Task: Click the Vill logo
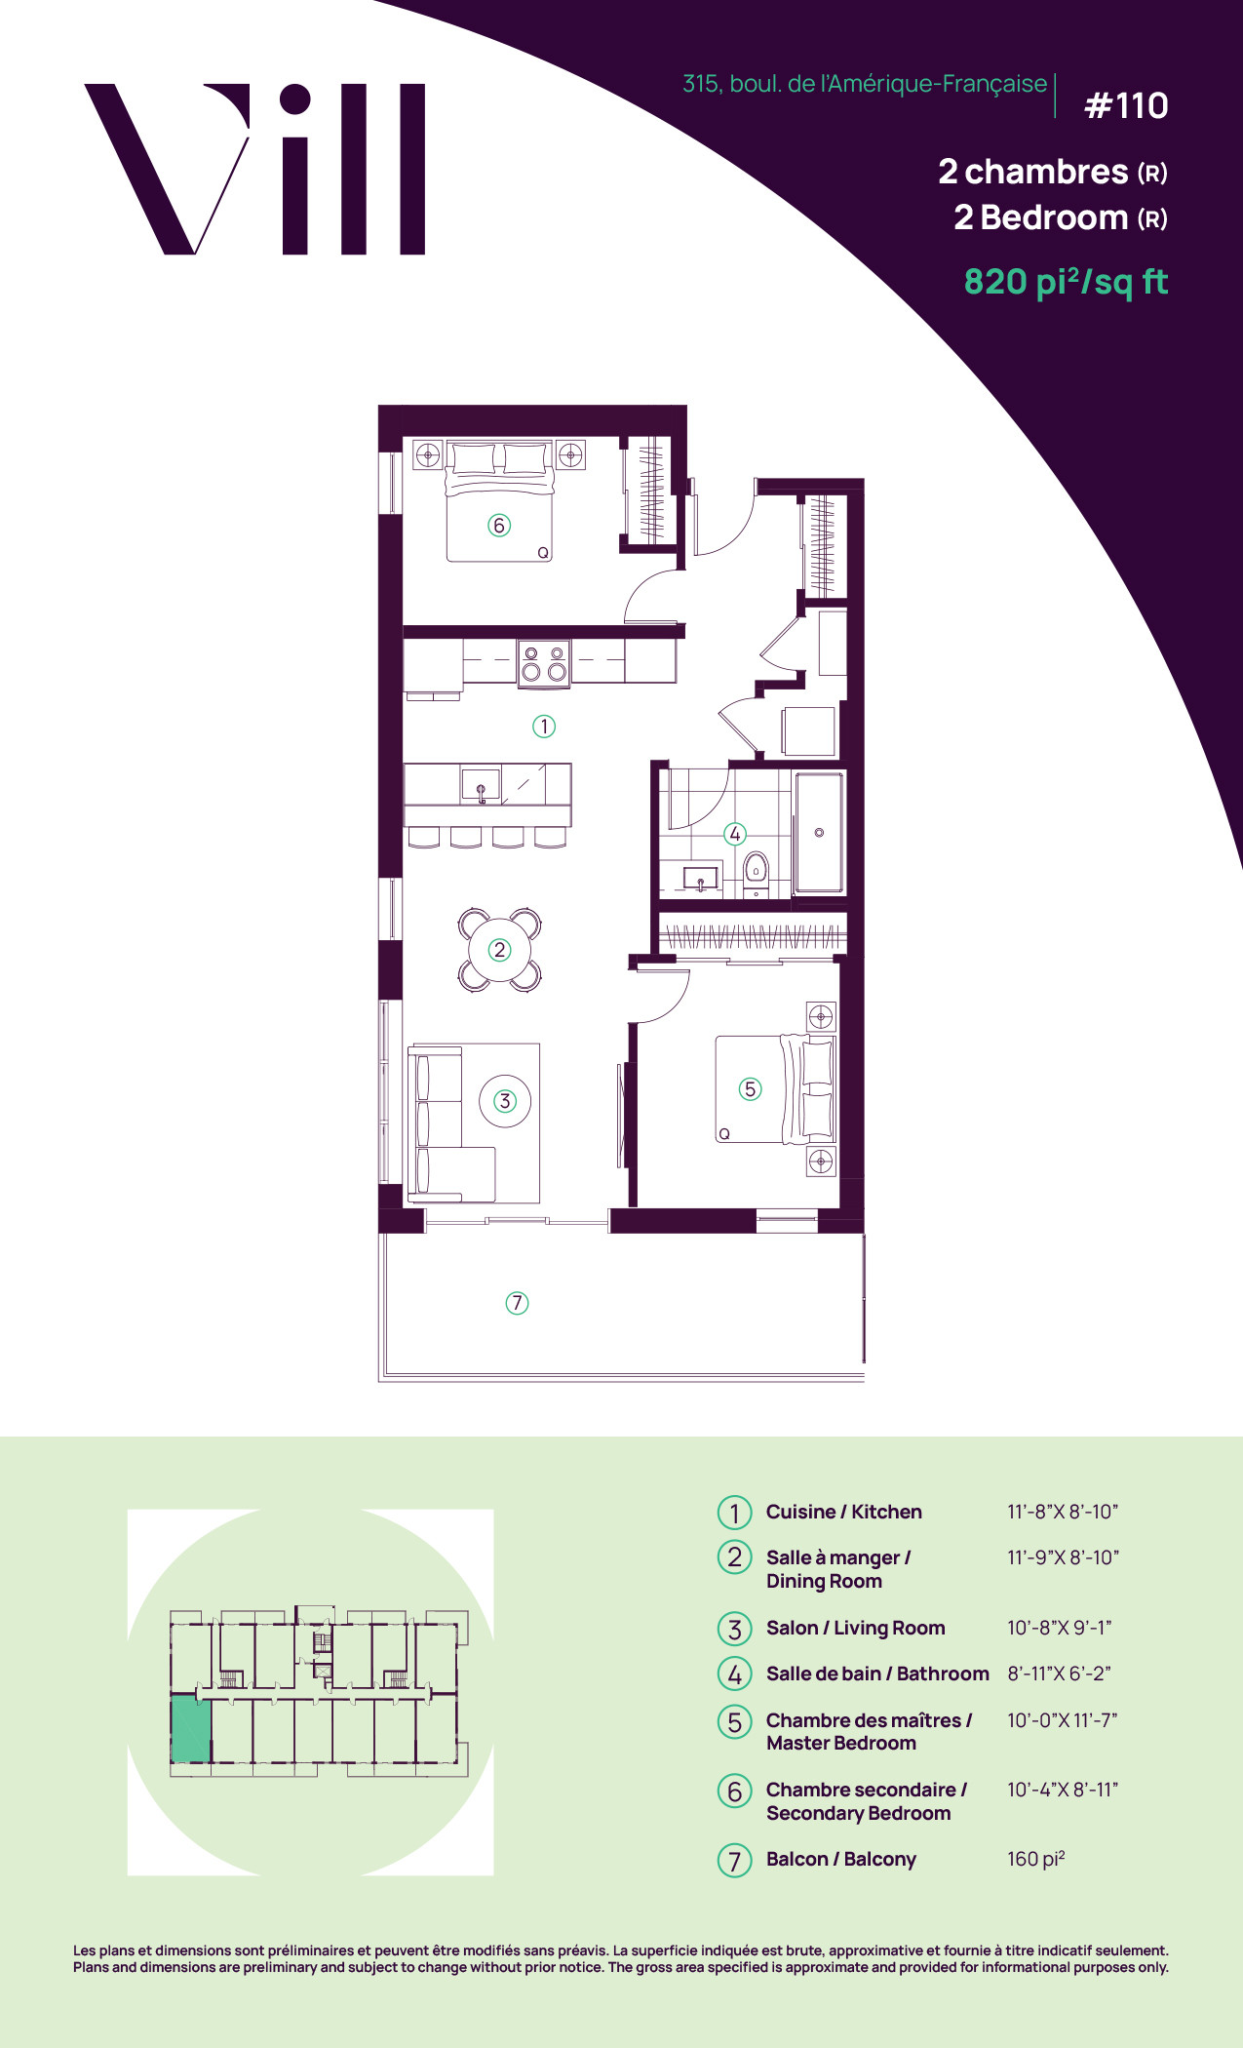(255, 169)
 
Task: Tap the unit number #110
(1126, 105)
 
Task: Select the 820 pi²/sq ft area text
(1066, 282)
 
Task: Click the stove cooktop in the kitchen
(544, 662)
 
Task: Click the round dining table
(500, 949)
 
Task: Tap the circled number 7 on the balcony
(517, 1303)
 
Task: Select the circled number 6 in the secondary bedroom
(499, 526)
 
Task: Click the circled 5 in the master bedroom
(750, 1089)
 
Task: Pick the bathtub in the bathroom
(819, 833)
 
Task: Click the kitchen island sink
(481, 785)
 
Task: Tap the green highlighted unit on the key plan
(191, 1728)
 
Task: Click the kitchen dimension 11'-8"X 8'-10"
(1063, 1512)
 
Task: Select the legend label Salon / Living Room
(855, 1628)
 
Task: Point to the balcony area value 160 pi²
(1036, 1859)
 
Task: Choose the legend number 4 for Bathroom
(735, 1674)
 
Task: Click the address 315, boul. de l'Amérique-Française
(865, 84)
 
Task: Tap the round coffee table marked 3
(505, 1101)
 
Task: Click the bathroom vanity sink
(700, 880)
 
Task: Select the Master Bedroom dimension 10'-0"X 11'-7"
(1063, 1720)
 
